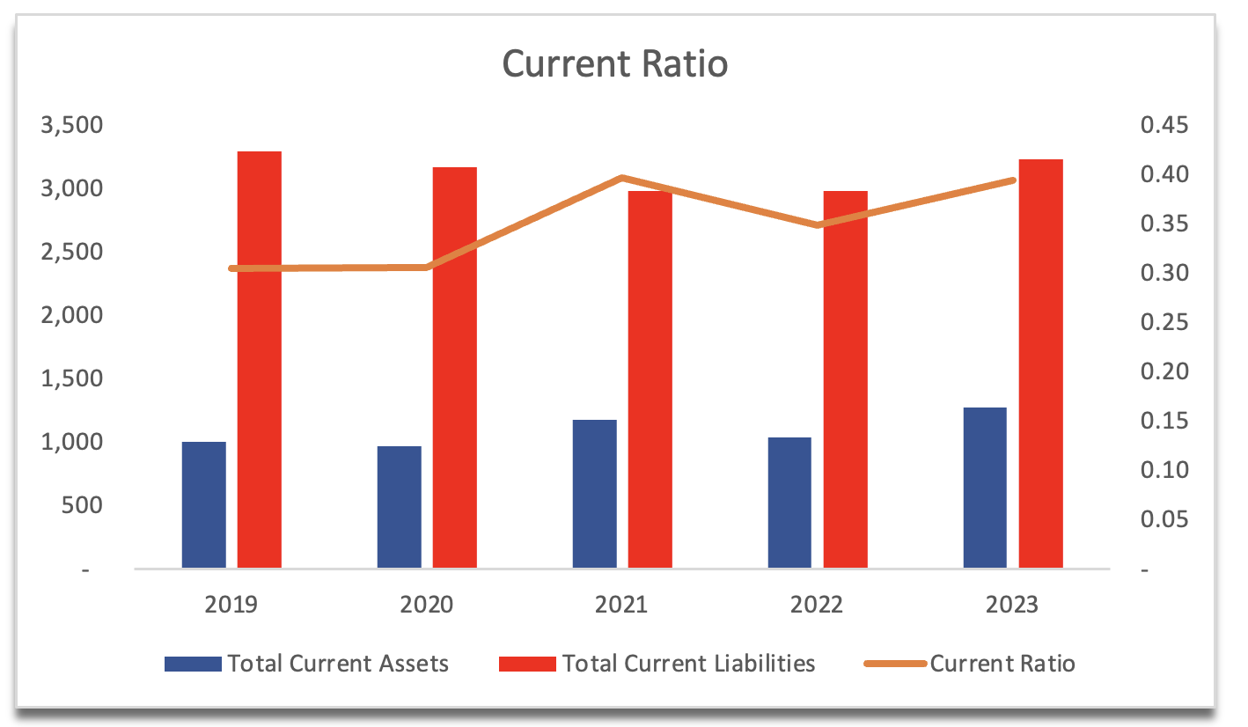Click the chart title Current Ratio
[614, 64]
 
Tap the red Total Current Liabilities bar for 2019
[260, 361]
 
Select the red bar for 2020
[455, 368]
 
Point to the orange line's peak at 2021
[621, 178]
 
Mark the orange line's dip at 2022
[818, 225]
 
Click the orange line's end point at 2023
[1013, 180]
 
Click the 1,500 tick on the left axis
[71, 378]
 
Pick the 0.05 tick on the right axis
[1164, 520]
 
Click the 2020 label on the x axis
[426, 605]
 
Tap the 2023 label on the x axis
[1012, 605]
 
